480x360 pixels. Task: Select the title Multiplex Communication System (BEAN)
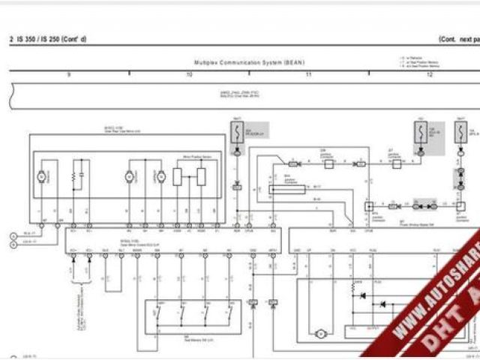click(249, 62)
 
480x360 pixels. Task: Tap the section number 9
click(69, 74)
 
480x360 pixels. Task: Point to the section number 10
click(189, 74)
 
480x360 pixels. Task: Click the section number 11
click(308, 74)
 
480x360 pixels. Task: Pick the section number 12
click(429, 74)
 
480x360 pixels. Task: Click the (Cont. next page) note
click(459, 38)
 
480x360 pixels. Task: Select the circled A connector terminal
click(13, 235)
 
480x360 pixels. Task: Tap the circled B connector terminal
click(13, 243)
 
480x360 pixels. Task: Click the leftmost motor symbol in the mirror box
click(43, 175)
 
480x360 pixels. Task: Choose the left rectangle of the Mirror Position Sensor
click(177, 177)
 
